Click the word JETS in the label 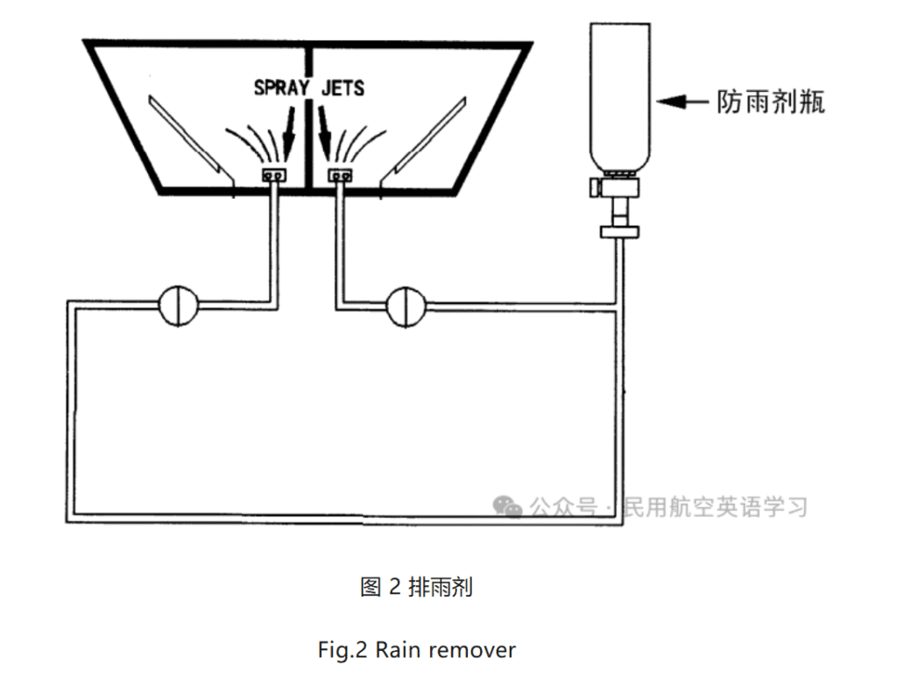[x=342, y=88]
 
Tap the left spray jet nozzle [x=275, y=176]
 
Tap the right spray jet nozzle [x=340, y=176]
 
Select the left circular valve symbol [x=179, y=304]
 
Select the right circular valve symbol [x=406, y=304]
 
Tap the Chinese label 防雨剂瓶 [x=771, y=102]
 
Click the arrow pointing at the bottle [x=683, y=102]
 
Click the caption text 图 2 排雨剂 [x=416, y=587]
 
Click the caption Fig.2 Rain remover [x=416, y=650]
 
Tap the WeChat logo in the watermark [x=506, y=506]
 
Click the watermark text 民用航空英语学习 [x=714, y=507]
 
